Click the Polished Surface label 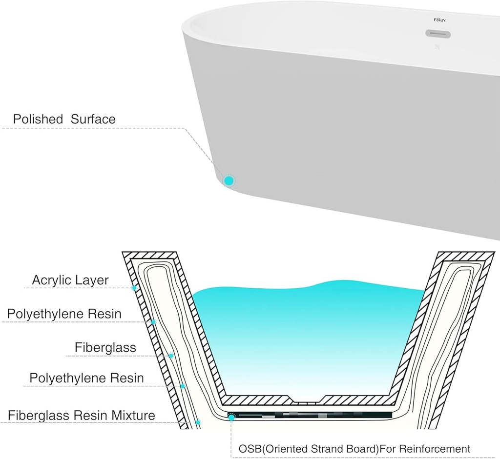(64, 119)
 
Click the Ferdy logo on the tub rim (440, 20)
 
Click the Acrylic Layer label (70, 280)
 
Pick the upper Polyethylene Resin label (64, 314)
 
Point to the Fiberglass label (105, 347)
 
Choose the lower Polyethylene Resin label (86, 378)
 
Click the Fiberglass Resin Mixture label (82, 416)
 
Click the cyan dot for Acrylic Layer (134, 288)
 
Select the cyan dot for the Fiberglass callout (171, 356)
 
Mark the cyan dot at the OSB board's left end (231, 418)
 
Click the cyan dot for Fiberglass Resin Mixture (198, 422)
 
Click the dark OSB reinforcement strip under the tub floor (312, 415)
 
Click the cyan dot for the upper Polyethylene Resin (153, 322)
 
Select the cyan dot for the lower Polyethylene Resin (183, 386)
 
